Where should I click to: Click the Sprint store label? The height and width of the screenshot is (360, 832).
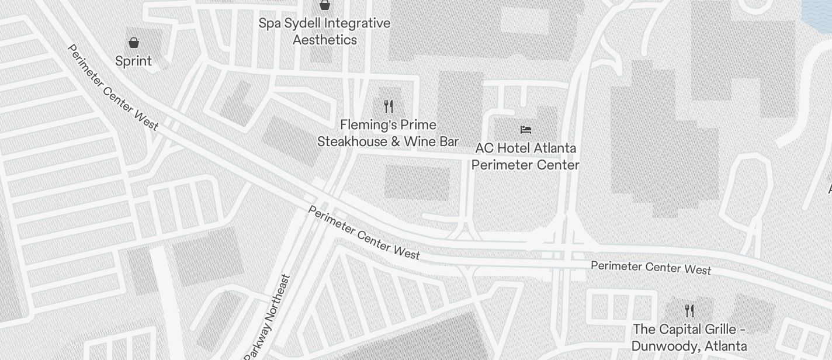(133, 61)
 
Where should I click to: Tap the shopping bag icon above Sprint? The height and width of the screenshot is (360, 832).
(134, 43)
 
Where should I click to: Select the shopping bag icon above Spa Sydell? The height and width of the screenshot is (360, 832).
(325, 5)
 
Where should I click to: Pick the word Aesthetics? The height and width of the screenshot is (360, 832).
(324, 40)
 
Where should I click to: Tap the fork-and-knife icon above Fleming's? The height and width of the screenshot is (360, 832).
(389, 106)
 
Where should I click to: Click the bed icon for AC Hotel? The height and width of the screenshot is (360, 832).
(526, 129)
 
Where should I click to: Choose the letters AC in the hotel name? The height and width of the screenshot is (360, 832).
(485, 148)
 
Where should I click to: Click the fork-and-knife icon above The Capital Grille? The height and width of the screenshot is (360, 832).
(689, 310)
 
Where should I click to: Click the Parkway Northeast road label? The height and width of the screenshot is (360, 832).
(268, 317)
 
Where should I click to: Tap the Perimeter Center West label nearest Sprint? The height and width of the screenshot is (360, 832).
(113, 87)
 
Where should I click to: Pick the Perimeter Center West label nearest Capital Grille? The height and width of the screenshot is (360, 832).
(651, 267)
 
